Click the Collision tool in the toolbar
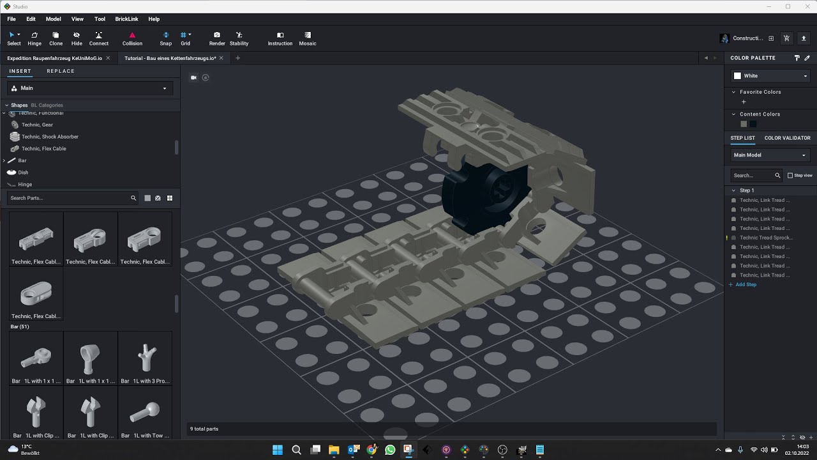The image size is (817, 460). pos(132,38)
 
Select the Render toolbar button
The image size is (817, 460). pos(217,38)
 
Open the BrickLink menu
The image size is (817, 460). pos(126,19)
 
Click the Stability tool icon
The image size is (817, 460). pos(239,38)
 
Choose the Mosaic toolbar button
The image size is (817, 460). pos(308,38)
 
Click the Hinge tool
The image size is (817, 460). pos(34,38)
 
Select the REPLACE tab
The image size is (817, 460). pos(61,71)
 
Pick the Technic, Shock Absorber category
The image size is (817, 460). pos(50,137)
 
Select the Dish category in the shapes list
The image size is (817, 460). pos(23,172)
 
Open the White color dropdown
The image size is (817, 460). pos(770,75)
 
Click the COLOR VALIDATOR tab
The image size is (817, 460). pos(787,138)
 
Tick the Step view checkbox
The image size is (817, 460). pos(790,175)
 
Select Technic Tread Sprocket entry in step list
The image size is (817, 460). pos(766,238)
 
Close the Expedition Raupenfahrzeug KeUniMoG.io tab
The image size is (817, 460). pos(108,58)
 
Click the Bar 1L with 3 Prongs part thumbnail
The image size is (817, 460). pos(145,358)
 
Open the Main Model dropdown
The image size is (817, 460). pos(770,155)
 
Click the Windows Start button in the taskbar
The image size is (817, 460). pos(278,450)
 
